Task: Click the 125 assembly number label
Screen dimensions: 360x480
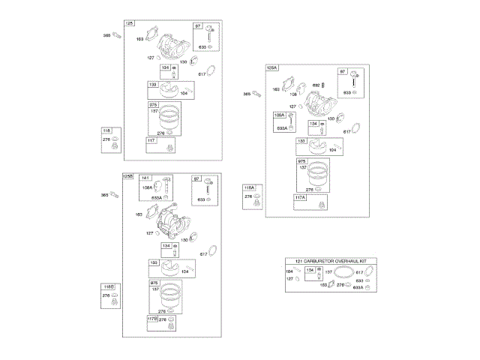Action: pyautogui.click(x=129, y=23)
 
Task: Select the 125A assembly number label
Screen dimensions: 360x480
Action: pyautogui.click(x=271, y=67)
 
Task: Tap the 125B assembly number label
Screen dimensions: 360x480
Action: pyautogui.click(x=127, y=176)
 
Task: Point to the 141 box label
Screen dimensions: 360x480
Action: pyautogui.click(x=145, y=178)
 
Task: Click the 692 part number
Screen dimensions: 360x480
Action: pyautogui.click(x=316, y=85)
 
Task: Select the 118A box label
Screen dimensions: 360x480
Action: pyautogui.click(x=249, y=187)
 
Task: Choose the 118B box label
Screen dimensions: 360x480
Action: pyautogui.click(x=108, y=287)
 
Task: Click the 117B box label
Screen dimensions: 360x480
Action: pyautogui.click(x=154, y=318)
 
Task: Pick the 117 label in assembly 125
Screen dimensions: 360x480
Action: pyautogui.click(x=151, y=140)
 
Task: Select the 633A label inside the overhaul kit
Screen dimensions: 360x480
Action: pyautogui.click(x=358, y=287)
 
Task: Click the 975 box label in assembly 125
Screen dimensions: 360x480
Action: pyautogui.click(x=153, y=104)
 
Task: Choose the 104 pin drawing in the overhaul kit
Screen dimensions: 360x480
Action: pyautogui.click(x=298, y=271)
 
